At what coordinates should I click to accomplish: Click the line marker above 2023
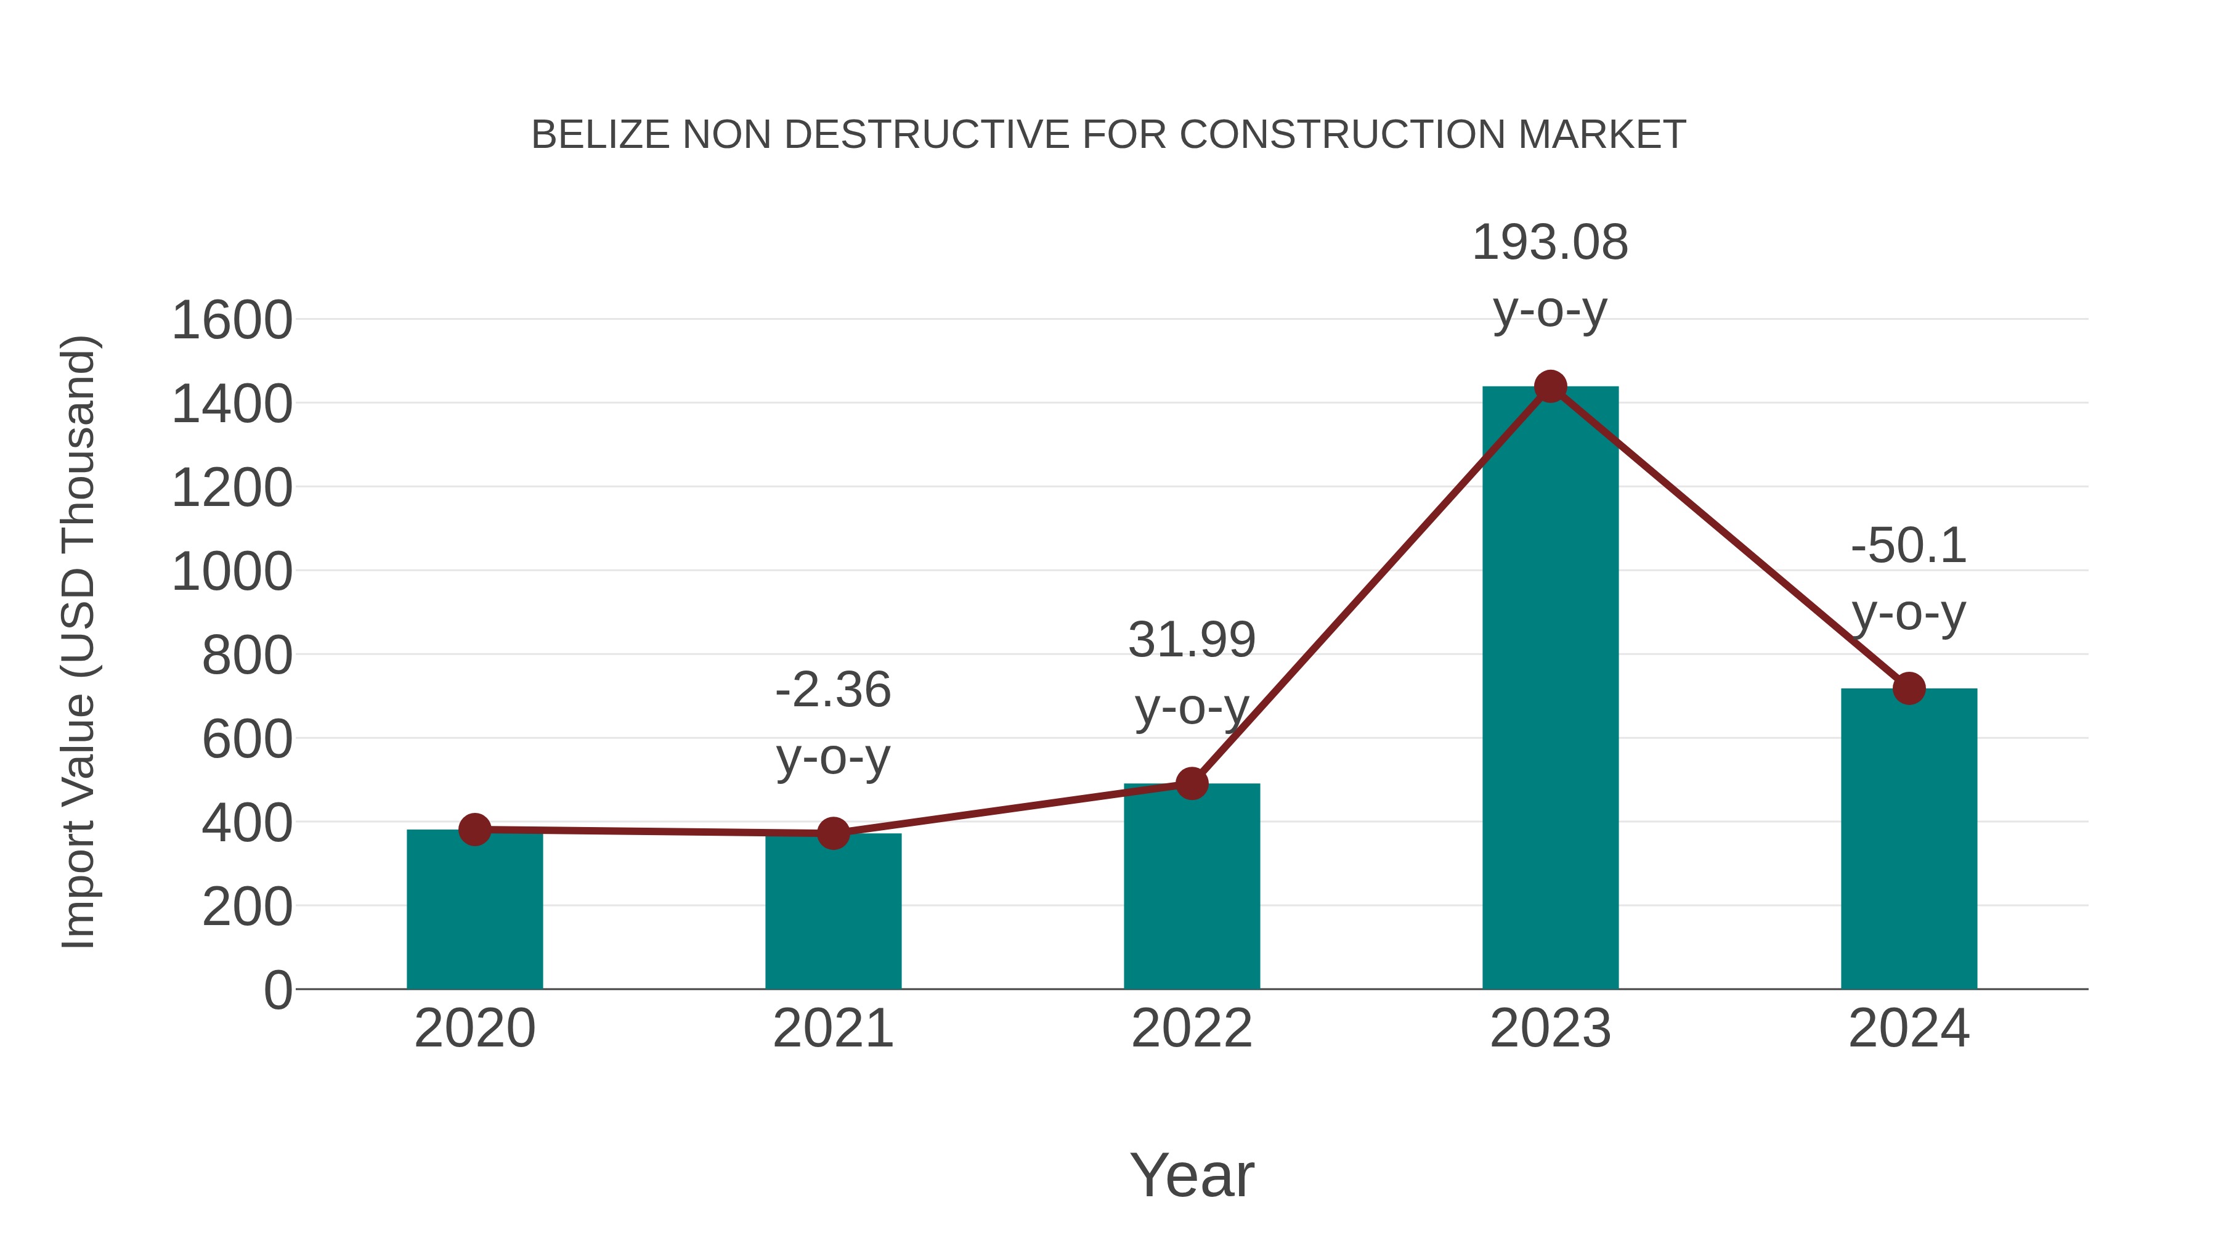tap(1550, 386)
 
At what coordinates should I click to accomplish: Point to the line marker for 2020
tap(474, 830)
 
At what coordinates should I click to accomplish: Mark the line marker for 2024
tap(1908, 688)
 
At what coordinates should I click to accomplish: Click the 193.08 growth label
tap(1550, 243)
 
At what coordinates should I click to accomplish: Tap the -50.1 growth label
tap(1908, 546)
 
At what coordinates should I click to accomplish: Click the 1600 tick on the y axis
tap(232, 320)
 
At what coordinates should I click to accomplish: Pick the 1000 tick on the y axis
tap(232, 572)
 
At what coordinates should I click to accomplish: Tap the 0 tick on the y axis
tap(277, 990)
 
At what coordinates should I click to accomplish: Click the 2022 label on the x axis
tap(1191, 1029)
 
